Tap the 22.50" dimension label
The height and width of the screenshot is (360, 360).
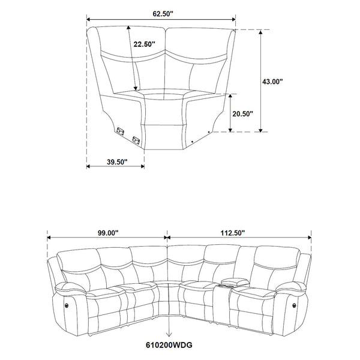coord(144,44)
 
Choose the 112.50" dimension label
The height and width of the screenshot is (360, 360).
coord(233,232)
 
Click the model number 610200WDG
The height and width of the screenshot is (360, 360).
coord(172,344)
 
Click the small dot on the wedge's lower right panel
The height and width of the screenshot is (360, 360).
coord(208,130)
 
